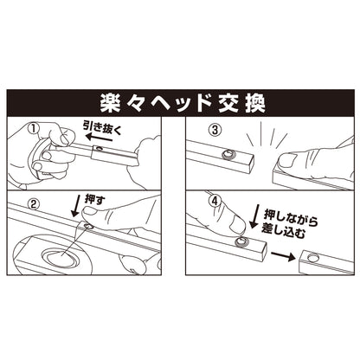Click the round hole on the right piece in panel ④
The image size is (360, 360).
click(x=312, y=259)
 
